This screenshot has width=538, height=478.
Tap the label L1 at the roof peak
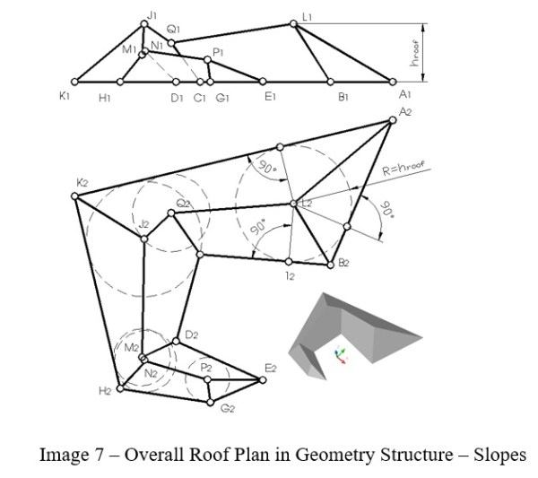tap(308, 16)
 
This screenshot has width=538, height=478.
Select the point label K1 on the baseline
tap(65, 96)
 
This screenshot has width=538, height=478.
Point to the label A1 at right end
tap(405, 95)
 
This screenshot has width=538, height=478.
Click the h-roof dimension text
tap(415, 53)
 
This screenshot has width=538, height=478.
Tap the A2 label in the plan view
tap(405, 112)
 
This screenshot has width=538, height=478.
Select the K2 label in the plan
tap(82, 183)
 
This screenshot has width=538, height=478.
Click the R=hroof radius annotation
tap(403, 168)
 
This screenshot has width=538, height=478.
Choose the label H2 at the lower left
tap(105, 392)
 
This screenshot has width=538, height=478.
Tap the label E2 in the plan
tap(271, 369)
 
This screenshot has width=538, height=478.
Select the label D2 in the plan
tap(191, 335)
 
